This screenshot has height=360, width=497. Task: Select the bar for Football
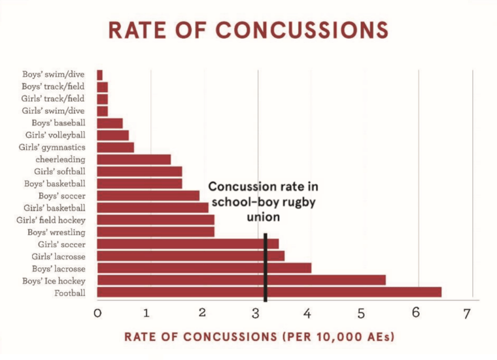click(269, 292)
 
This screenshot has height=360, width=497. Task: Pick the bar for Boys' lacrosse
click(203, 268)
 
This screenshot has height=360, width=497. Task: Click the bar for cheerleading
click(133, 159)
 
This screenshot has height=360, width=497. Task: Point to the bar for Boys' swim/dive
click(99, 75)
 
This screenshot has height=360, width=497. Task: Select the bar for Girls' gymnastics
click(115, 147)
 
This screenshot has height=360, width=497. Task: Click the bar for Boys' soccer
click(148, 195)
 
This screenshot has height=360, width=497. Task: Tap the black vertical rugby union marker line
click(265, 268)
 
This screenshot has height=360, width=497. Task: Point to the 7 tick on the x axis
click(466, 314)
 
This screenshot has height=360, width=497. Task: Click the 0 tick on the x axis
click(97, 314)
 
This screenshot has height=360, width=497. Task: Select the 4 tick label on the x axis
click(307, 314)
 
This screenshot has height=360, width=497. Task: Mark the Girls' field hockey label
click(51, 220)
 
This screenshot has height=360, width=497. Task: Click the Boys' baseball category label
click(58, 123)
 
